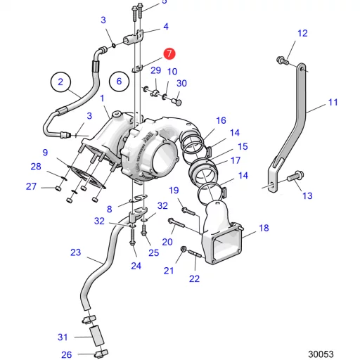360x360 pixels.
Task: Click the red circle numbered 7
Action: pyautogui.click(x=169, y=53)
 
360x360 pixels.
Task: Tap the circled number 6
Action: pyautogui.click(x=120, y=81)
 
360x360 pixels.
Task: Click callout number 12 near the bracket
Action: pyautogui.click(x=302, y=33)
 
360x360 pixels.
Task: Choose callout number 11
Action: pyautogui.click(x=333, y=102)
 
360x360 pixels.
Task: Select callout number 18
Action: pyautogui.click(x=264, y=228)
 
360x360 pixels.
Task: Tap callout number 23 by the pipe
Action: pyautogui.click(x=75, y=252)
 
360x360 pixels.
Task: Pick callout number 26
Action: pyautogui.click(x=66, y=354)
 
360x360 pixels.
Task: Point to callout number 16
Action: pyautogui.click(x=221, y=120)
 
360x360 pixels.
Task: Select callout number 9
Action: pyautogui.click(x=44, y=152)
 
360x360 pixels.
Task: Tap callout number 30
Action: pyautogui.click(x=181, y=83)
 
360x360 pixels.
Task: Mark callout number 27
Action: pyautogui.click(x=31, y=186)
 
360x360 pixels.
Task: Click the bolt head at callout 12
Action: pyautogui.click(x=283, y=60)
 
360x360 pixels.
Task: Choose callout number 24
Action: pyautogui.click(x=136, y=266)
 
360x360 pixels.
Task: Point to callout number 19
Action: pyautogui.click(x=173, y=191)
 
